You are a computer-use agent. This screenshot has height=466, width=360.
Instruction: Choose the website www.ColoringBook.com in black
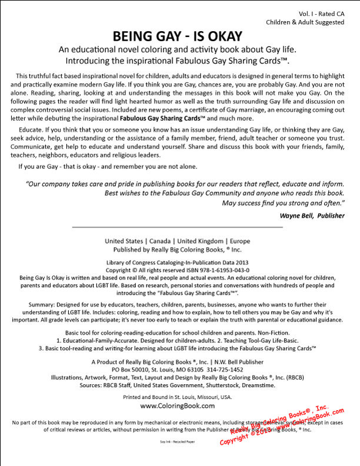pyautogui.click(x=177, y=405)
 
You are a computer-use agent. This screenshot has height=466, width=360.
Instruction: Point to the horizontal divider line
pyautogui.click(x=177, y=227)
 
